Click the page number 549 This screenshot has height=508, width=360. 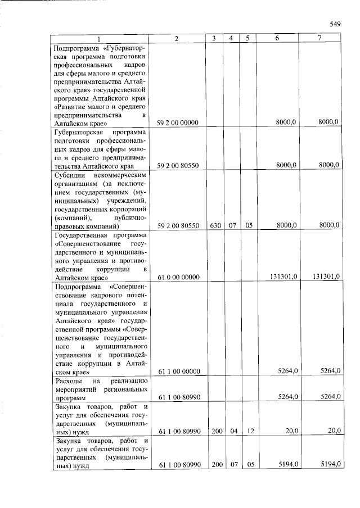pos(335,24)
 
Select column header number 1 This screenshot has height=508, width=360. pos(100,39)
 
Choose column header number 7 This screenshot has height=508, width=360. pos(320,39)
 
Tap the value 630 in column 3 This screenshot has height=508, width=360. pos(214,225)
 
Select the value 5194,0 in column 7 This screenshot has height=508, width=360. pos(330,465)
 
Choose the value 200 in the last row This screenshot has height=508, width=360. pos(214,465)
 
